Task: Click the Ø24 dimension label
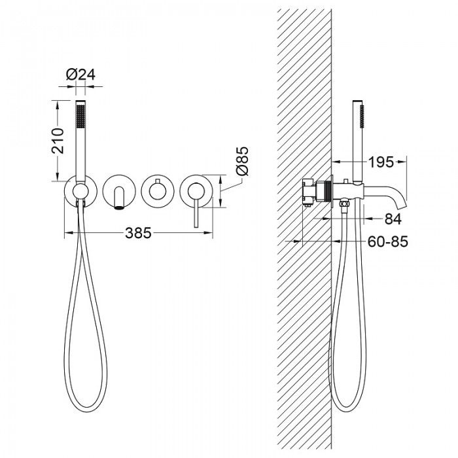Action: click(80, 75)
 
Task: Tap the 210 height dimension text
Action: click(58, 141)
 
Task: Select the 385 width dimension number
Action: click(139, 233)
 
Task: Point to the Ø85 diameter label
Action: click(243, 161)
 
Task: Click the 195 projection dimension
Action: click(381, 162)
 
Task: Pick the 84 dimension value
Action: click(393, 219)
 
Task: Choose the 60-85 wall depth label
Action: click(387, 241)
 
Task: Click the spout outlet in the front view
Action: click(118, 208)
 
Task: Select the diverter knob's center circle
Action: click(158, 192)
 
